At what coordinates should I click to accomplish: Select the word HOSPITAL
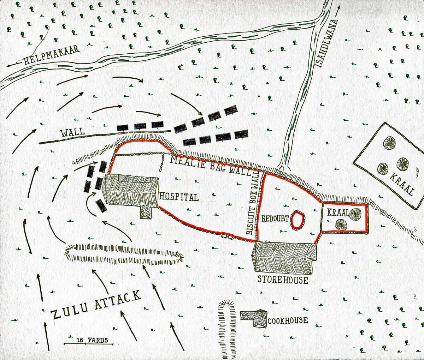179,197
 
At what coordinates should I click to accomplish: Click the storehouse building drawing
283,258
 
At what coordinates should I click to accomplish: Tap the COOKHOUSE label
288,321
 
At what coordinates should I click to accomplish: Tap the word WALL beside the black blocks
72,133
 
